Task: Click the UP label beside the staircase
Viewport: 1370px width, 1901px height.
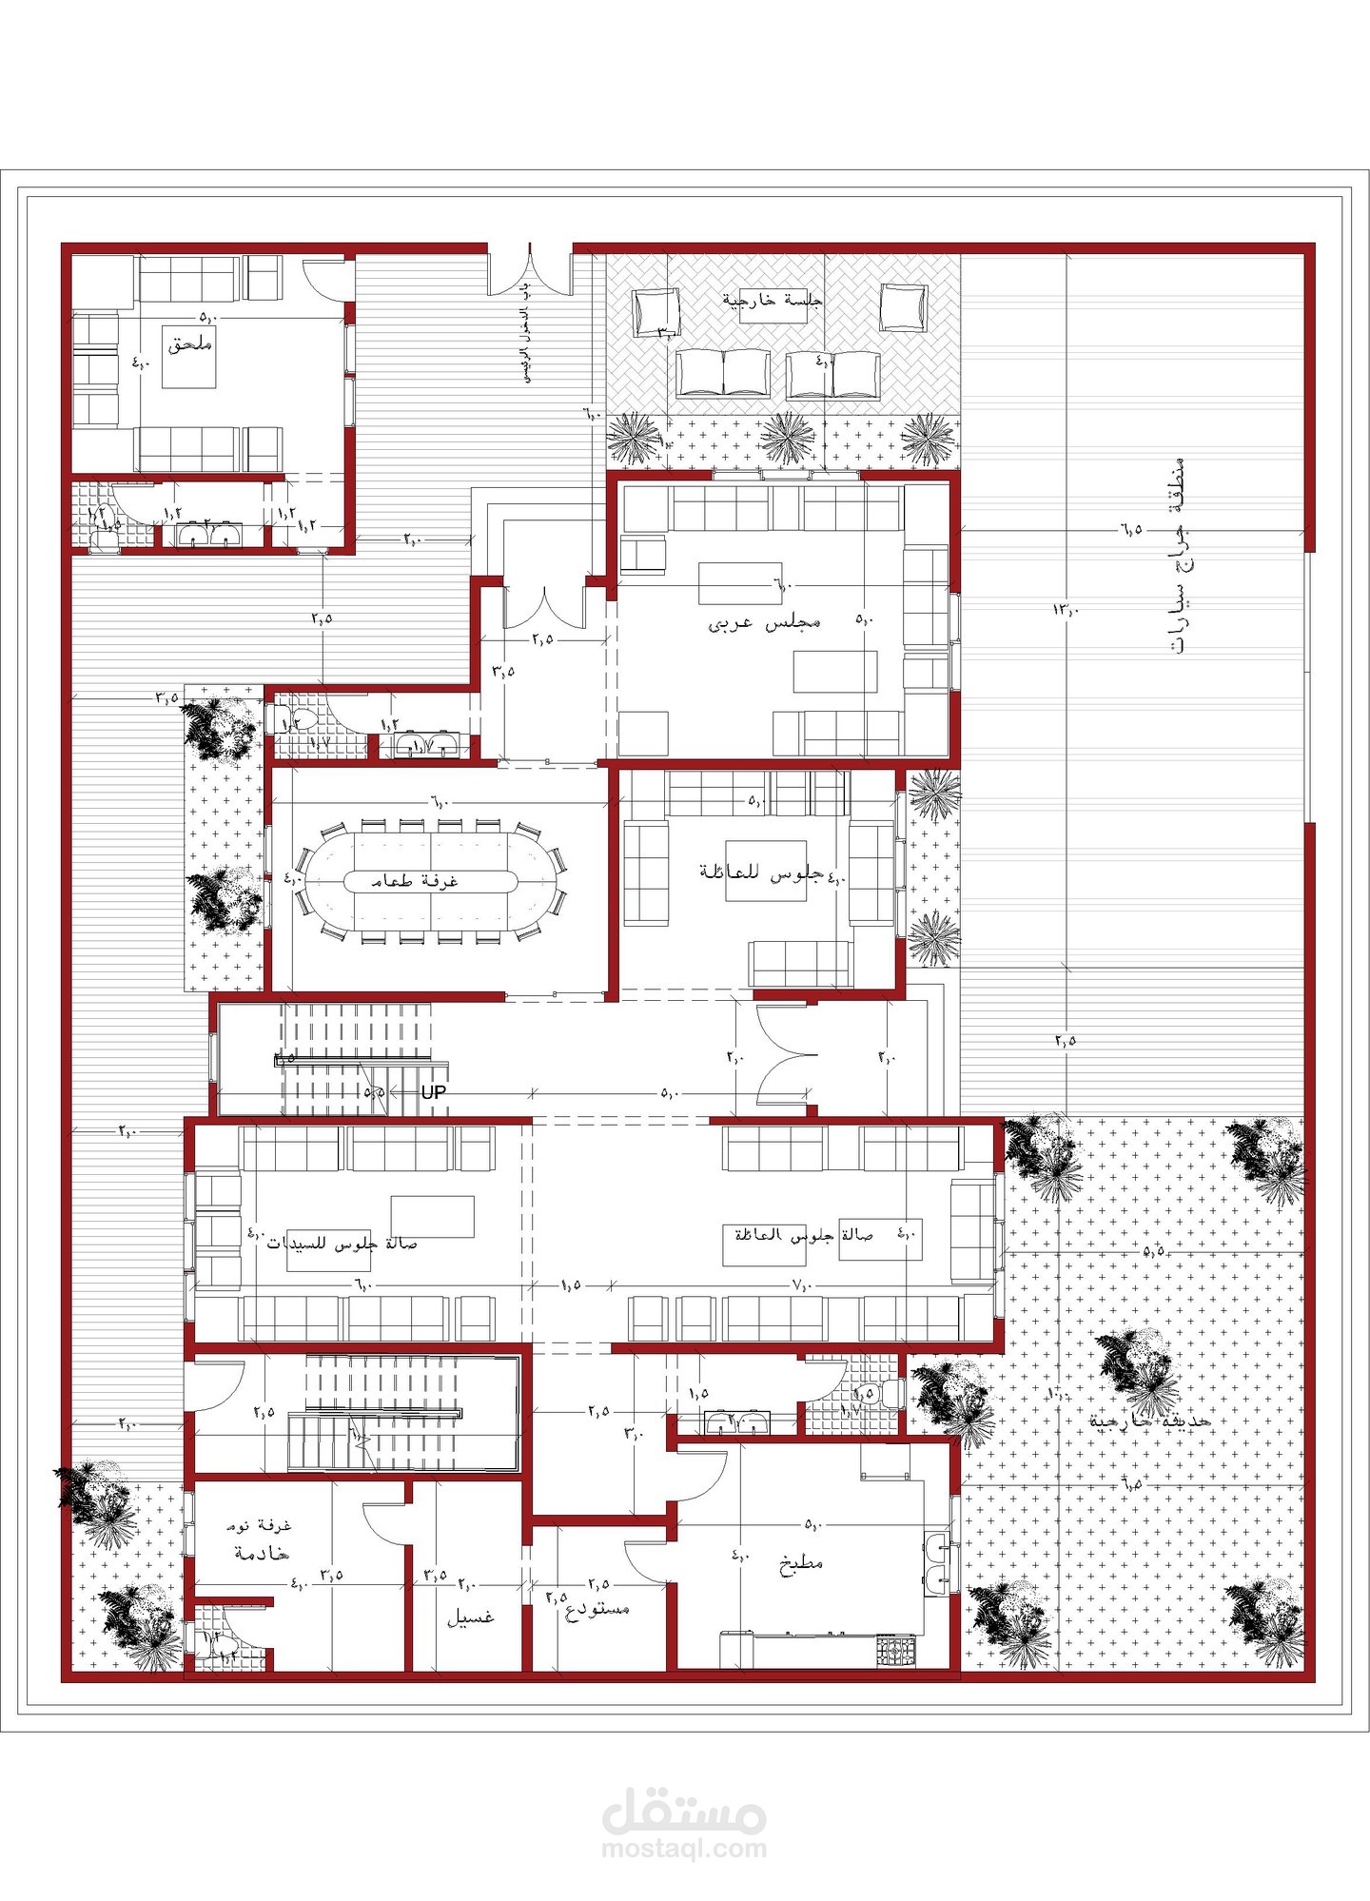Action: coord(434,1092)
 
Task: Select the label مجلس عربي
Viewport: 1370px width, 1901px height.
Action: coord(764,623)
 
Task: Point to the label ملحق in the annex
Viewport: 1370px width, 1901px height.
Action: coord(190,344)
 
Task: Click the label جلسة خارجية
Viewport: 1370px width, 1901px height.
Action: coord(772,300)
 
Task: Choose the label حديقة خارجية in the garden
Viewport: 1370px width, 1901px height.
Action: coord(1150,1421)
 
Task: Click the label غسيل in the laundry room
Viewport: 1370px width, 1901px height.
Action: coord(470,1617)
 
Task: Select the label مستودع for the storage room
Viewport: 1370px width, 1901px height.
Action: coord(597,1609)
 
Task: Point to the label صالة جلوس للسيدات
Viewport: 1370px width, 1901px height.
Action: coord(342,1244)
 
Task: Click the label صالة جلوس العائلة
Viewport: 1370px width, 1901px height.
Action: coord(803,1234)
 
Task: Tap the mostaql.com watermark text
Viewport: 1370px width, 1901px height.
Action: coord(684,1849)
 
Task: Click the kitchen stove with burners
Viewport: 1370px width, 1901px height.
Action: coord(895,1649)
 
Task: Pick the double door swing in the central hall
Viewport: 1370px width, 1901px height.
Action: coord(785,1056)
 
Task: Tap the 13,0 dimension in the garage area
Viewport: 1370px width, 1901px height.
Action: coord(1066,609)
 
